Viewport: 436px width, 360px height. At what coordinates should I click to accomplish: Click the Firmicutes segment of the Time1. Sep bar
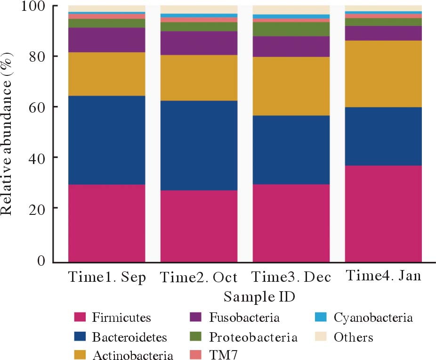(x=106, y=222)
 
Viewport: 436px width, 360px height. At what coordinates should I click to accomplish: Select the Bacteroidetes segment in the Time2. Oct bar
(x=199, y=145)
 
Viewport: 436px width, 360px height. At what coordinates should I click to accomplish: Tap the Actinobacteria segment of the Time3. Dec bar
(x=291, y=86)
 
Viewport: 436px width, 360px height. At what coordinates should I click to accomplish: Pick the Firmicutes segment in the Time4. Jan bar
(x=383, y=213)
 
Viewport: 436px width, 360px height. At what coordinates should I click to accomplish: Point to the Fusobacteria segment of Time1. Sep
(x=106, y=40)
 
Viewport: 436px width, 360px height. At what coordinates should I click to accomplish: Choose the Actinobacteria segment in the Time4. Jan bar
(x=383, y=74)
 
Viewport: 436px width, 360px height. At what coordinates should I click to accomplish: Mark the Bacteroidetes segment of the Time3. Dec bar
(x=291, y=149)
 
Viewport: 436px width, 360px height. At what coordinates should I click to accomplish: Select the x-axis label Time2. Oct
(x=199, y=277)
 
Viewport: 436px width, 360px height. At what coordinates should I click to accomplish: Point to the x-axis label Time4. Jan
(x=383, y=276)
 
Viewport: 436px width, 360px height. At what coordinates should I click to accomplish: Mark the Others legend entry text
(x=353, y=337)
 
